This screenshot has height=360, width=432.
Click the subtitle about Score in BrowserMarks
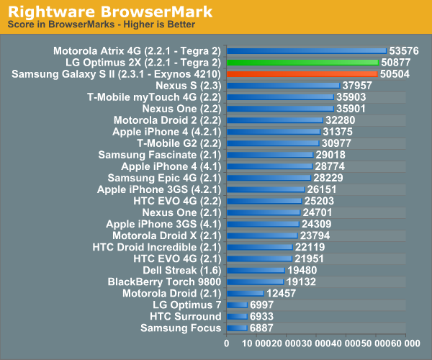pos(102,24)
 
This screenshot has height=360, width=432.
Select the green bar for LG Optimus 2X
pos(302,63)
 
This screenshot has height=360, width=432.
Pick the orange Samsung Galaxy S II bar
pos(302,74)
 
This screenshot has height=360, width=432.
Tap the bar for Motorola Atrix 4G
pos(306,51)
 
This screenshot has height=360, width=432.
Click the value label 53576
pos(404,51)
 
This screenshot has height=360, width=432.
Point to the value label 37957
pos(358,86)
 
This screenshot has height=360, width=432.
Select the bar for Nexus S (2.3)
pos(283,86)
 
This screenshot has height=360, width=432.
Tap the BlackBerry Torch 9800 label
pos(164,282)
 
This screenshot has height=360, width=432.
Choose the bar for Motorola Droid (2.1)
pos(245,293)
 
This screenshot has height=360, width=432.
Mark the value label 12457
pos(282,293)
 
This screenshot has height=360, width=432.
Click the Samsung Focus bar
pos(237,328)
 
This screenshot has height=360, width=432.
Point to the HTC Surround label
pos(185,316)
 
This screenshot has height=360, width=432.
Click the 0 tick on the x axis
pos(227,344)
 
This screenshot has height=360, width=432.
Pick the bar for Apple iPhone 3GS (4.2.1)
pos(266,189)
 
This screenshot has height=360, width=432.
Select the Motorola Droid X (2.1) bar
pos(262,235)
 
